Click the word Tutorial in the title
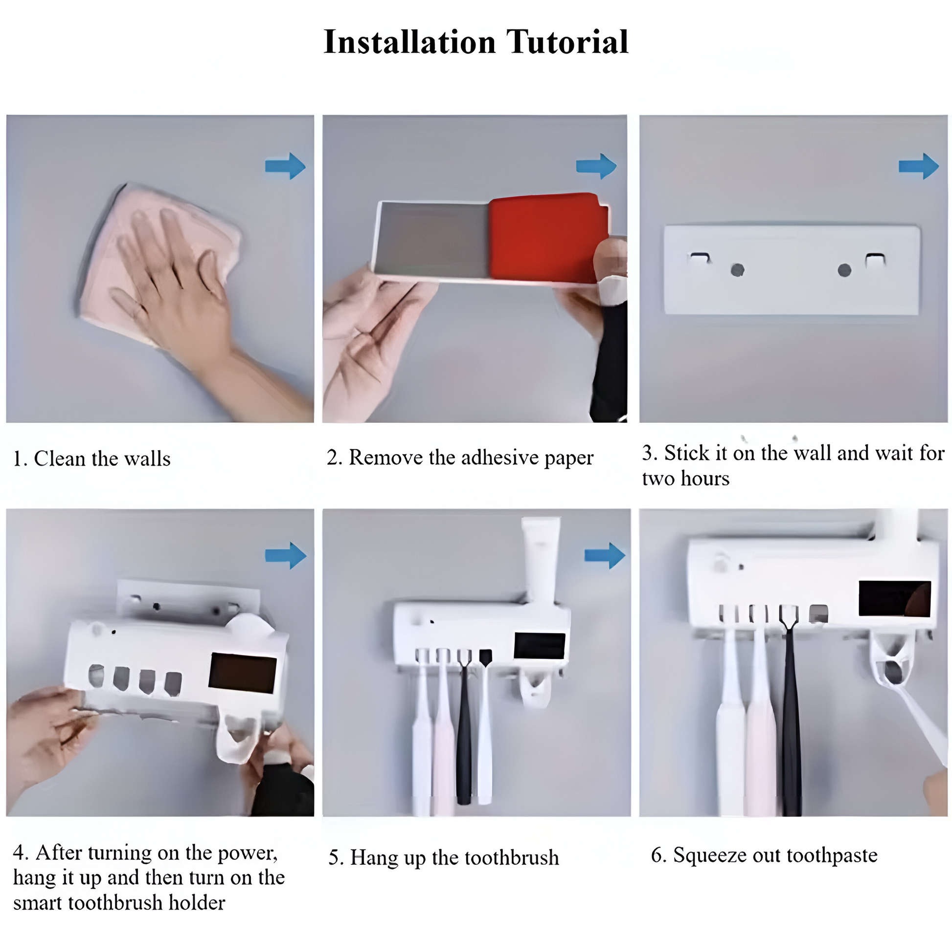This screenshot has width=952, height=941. [x=567, y=42]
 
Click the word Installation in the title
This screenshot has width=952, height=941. [x=409, y=42]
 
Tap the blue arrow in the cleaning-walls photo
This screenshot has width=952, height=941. [x=285, y=166]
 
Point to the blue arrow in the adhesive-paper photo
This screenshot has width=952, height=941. [x=596, y=166]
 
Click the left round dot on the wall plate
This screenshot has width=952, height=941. [x=737, y=270]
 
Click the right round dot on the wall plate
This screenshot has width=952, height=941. [x=844, y=270]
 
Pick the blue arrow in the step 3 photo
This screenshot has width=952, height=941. [x=919, y=166]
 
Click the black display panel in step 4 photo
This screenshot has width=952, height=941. [x=243, y=673]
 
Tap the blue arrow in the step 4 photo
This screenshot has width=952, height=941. [x=286, y=555]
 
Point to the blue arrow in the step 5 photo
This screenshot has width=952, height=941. [x=605, y=555]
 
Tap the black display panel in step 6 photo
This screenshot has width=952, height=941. [x=895, y=598]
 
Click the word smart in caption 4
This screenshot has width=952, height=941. [x=39, y=903]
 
